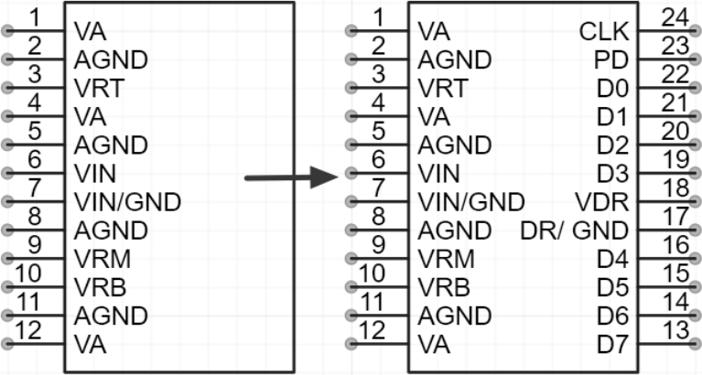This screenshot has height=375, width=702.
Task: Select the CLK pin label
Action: point(604,32)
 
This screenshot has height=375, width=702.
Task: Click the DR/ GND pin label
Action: point(575,230)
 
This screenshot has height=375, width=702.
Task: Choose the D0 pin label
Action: point(612,89)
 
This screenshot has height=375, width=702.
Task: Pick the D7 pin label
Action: point(612,344)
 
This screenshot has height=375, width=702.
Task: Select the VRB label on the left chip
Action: point(98,287)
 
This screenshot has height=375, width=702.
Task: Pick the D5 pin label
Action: point(612,287)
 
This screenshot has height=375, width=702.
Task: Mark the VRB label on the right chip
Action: point(443,287)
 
